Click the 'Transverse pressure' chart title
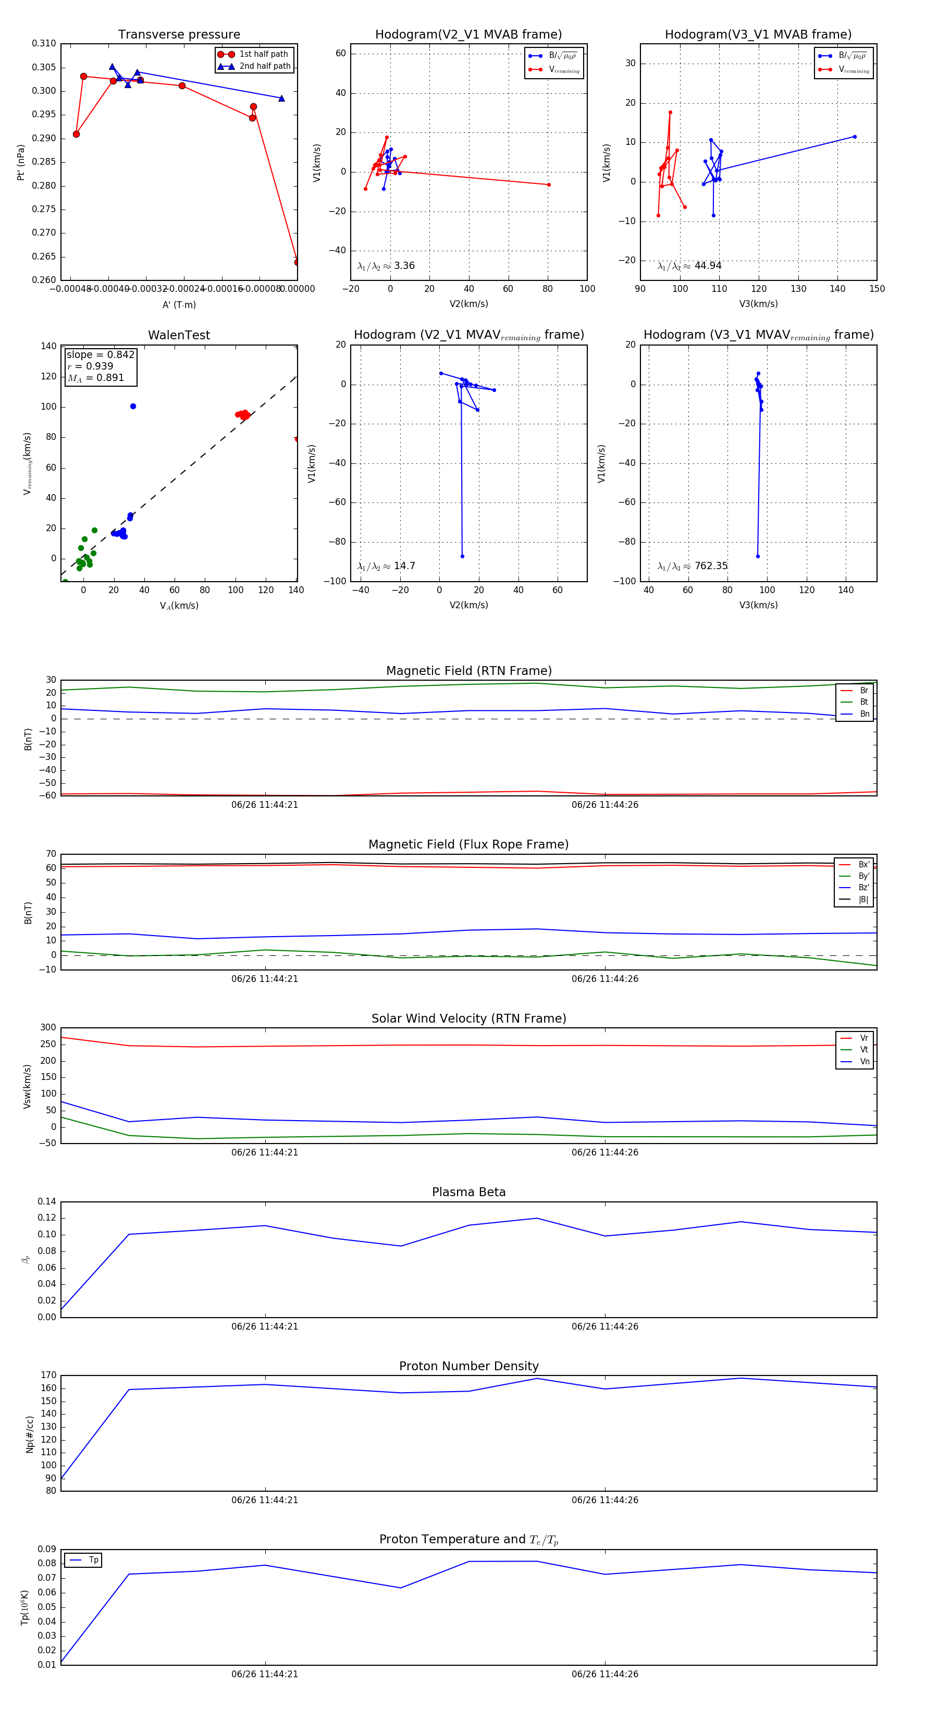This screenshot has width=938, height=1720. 179,35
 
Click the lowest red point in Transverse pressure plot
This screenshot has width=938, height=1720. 297,262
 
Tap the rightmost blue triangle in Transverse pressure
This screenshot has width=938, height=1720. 281,98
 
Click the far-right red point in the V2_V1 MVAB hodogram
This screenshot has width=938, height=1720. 549,185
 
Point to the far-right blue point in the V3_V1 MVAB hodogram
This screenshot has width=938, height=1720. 855,137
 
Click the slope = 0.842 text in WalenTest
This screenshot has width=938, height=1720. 100,354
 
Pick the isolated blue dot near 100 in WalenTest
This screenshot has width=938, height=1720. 133,406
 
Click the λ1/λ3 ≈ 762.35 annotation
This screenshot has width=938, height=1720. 693,566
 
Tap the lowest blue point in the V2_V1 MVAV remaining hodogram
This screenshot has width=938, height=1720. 462,556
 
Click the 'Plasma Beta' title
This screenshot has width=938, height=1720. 468,1193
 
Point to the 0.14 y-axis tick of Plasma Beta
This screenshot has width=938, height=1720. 47,1202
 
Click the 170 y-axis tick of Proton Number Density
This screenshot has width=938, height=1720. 48,1375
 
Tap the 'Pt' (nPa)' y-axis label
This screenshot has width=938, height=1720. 21,162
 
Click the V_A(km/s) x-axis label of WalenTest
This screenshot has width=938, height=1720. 179,606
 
